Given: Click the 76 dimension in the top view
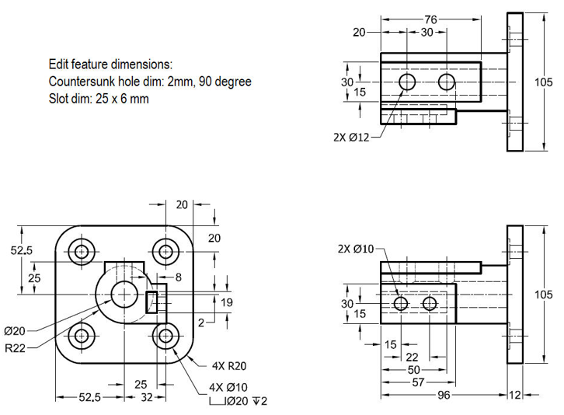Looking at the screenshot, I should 430,19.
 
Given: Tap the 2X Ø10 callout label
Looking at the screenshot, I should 357,249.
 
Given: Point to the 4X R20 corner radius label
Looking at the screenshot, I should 228,365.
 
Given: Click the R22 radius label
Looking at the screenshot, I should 16,347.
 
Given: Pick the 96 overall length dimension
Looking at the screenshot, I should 443,395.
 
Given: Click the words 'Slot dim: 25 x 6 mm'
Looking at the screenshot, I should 99,99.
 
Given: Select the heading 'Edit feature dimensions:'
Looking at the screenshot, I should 110,64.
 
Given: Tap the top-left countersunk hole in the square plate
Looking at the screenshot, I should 81,251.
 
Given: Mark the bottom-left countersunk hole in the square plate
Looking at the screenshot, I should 81,336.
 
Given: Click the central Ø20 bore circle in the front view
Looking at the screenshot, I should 123,294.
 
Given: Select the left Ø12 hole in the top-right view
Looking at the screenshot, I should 408,82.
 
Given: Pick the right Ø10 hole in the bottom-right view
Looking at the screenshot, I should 430,303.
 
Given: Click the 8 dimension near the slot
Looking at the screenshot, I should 178,276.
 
